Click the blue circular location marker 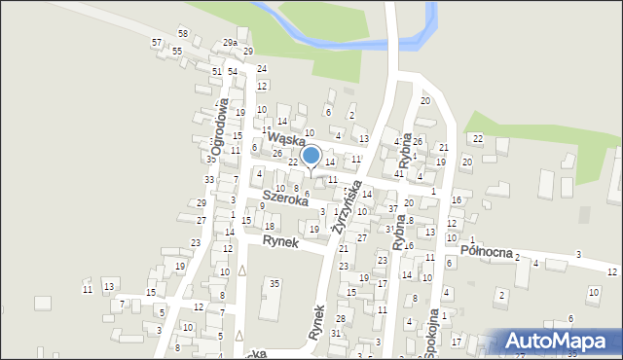point(311,156)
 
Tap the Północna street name point(486,251)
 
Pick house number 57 point(157,43)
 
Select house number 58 point(182,33)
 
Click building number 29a point(229,43)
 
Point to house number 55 point(177,51)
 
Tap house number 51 point(216,71)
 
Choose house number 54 point(233,71)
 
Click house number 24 point(262,68)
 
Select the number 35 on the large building point(275,283)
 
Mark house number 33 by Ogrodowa point(208,180)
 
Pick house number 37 point(392,208)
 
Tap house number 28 point(341,318)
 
